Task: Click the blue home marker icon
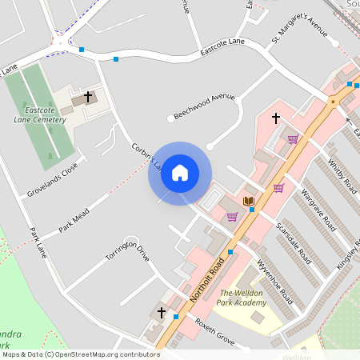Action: click(x=180, y=173)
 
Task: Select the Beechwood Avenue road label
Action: click(x=204, y=106)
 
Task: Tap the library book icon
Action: click(x=249, y=201)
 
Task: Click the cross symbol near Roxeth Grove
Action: click(x=162, y=311)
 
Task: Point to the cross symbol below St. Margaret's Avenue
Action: click(x=276, y=118)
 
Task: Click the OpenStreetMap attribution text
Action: click(x=81, y=354)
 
